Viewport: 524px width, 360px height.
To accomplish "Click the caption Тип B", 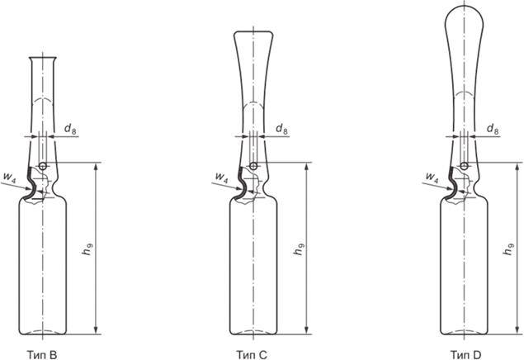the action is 42,354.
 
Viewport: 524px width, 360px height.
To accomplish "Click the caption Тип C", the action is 252,354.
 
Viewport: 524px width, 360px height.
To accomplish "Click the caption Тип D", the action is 466,354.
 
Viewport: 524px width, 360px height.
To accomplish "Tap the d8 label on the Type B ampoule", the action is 70,129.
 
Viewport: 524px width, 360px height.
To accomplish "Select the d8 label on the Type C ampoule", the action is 281,129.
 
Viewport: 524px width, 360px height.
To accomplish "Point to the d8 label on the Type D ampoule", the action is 493,129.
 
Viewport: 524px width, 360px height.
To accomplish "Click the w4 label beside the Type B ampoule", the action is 9,177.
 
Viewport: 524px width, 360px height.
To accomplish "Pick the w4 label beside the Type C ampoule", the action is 221,177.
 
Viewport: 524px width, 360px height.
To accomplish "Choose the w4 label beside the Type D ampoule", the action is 432,177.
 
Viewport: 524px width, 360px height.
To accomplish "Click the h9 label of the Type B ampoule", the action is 87,249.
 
